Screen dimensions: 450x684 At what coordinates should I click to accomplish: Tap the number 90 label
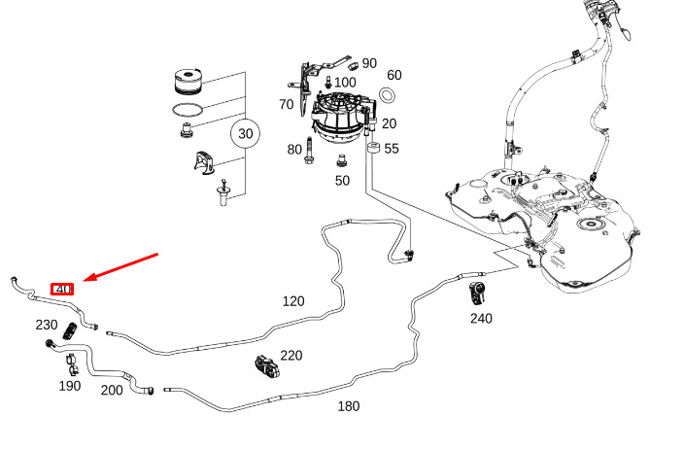click(369, 63)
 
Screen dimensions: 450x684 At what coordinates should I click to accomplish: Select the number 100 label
click(345, 82)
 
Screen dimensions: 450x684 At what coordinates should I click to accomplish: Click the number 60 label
click(393, 75)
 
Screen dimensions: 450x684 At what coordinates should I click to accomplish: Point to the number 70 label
click(286, 104)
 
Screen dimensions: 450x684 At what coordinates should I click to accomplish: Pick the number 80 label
click(294, 149)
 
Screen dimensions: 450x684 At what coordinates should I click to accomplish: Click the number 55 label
click(392, 149)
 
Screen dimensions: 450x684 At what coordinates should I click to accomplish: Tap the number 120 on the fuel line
click(293, 301)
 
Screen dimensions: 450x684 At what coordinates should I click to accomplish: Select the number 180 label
click(349, 405)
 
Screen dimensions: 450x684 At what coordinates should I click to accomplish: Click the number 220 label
click(291, 357)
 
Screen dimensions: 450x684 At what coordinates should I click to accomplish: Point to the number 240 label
click(481, 318)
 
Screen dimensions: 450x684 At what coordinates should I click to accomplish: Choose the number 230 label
click(47, 325)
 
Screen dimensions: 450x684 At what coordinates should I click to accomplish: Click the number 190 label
click(70, 386)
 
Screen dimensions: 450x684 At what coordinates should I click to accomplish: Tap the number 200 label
click(112, 390)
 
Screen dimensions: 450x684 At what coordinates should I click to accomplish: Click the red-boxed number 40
click(62, 289)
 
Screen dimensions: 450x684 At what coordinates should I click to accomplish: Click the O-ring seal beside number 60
click(387, 94)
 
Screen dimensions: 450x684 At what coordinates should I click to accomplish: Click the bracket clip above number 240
click(479, 293)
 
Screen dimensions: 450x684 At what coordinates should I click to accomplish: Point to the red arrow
click(121, 268)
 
